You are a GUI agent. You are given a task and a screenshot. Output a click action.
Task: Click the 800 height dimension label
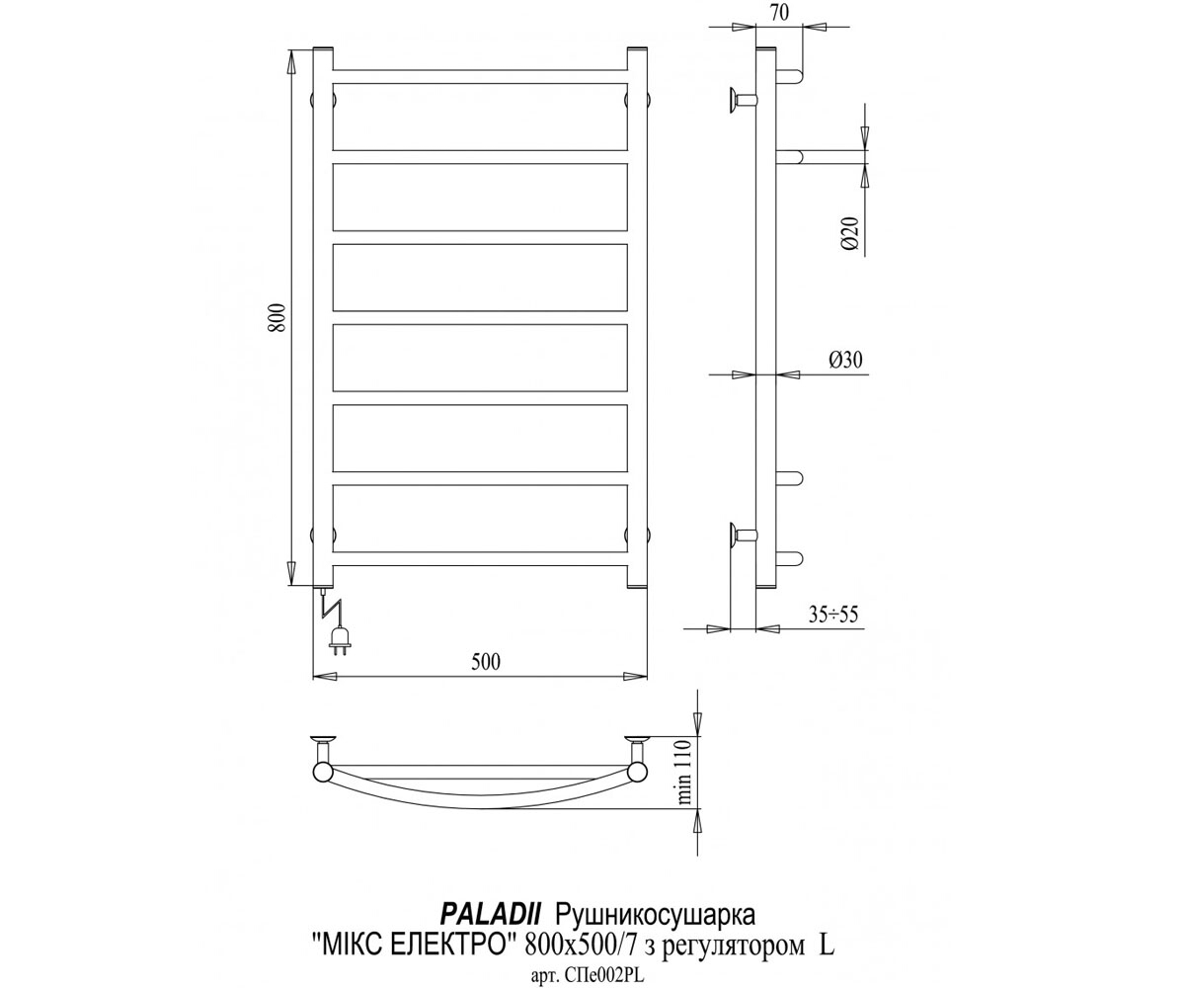[x=277, y=318]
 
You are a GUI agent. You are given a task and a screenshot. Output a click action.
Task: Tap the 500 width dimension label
[x=486, y=662]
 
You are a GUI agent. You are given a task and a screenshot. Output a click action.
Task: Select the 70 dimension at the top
[x=780, y=13]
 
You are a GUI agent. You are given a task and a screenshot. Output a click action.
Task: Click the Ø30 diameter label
[x=845, y=360]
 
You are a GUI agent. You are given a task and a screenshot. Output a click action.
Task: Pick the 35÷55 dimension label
[x=833, y=614]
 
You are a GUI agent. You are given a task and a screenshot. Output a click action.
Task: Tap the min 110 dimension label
[x=685, y=771]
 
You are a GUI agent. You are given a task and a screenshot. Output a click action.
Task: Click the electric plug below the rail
[x=340, y=641]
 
